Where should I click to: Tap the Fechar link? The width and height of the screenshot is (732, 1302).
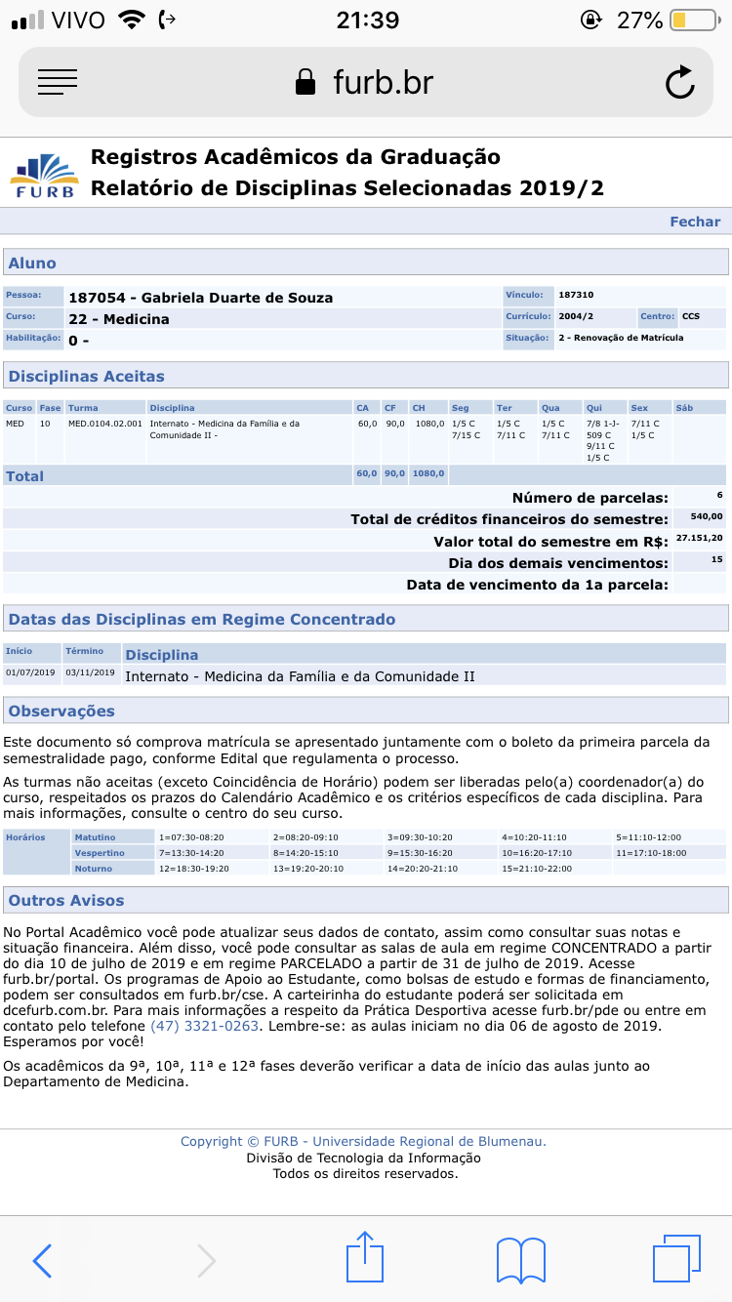tap(694, 222)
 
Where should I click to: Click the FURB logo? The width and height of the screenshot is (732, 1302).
tap(44, 174)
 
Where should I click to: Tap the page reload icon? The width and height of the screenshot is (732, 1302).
tap(679, 83)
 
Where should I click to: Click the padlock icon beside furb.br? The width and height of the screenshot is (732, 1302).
tap(306, 82)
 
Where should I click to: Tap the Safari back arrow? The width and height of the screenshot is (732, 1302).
tap(42, 1260)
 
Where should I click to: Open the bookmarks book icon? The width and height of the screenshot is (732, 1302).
tap(520, 1260)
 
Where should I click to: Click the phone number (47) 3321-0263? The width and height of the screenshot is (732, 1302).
tap(204, 1026)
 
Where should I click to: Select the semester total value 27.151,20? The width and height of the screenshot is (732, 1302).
tap(699, 538)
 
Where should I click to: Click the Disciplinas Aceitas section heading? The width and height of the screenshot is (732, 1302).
tap(87, 376)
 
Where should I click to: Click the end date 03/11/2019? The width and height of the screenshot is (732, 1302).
tap(90, 672)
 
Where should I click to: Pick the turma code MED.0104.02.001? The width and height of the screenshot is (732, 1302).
tap(104, 424)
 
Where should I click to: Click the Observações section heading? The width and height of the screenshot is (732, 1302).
tap(61, 711)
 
